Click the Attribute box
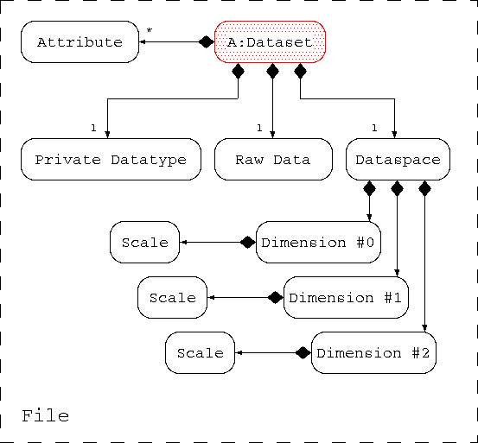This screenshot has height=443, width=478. [x=80, y=42]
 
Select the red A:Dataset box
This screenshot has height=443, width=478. [x=270, y=42]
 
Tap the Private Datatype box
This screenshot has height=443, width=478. [x=111, y=159]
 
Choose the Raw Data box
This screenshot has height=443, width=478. [x=273, y=159]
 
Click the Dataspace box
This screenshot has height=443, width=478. [x=398, y=159]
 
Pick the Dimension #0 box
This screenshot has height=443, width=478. [x=318, y=243]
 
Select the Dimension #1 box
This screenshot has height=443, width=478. [x=346, y=297]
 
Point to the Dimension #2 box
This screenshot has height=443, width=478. [x=373, y=353]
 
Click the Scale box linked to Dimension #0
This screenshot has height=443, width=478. [x=145, y=243]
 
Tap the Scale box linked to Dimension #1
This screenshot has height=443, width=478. [x=173, y=297]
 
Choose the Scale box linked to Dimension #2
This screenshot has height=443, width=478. [x=201, y=353]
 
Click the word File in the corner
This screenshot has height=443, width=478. [x=46, y=416]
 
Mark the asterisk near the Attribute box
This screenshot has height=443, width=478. [x=149, y=30]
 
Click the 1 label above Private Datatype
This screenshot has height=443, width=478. [x=93, y=128]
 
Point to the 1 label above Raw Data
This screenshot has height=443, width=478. [x=259, y=128]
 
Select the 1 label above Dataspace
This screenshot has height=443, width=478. [x=374, y=128]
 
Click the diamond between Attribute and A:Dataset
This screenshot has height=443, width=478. [x=207, y=42]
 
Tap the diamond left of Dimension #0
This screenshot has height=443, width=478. [x=248, y=243]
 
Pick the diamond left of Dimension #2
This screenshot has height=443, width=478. [x=303, y=353]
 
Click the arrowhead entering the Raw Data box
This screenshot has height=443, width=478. [x=272, y=135]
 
